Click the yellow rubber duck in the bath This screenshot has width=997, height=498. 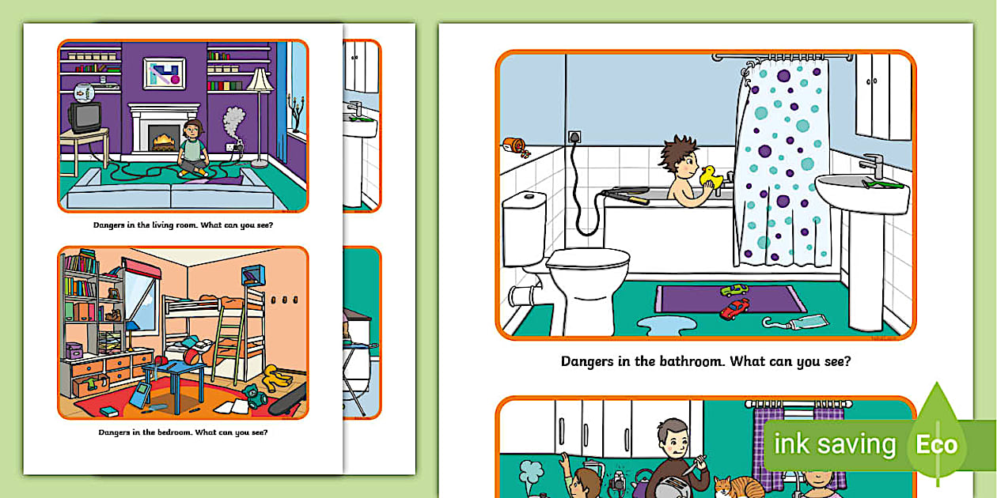pyautogui.click(x=709, y=177)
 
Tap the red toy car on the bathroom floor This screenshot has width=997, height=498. pyautogui.click(x=734, y=307)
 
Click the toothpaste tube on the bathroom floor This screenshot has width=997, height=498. pyautogui.click(x=794, y=322)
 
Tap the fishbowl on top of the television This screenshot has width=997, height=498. pyautogui.click(x=81, y=92)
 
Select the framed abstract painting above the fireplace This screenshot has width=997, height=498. pyautogui.click(x=164, y=74)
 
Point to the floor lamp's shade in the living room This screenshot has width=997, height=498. pyautogui.click(x=259, y=80)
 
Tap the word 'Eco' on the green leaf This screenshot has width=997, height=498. pyautogui.click(x=937, y=444)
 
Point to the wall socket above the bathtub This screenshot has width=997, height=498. pyautogui.click(x=575, y=137)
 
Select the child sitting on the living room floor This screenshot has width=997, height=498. pyautogui.click(x=192, y=149)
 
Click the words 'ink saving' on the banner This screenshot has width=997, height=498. pyautogui.click(x=834, y=444)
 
